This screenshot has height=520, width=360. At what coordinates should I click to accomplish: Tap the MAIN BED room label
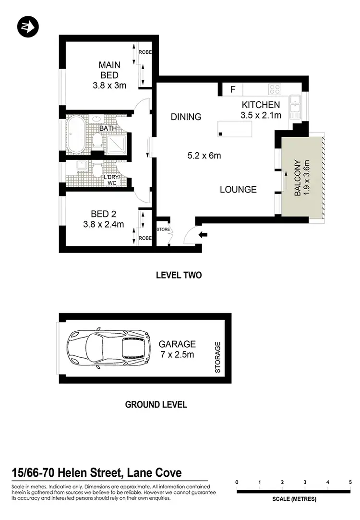tap(109, 70)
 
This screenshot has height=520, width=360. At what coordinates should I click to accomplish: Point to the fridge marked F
tap(233, 89)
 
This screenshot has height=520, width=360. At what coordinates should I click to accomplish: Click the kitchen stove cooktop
tap(275, 89)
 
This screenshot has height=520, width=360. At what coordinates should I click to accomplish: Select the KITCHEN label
tap(261, 105)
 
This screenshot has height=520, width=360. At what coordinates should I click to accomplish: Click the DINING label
tap(186, 117)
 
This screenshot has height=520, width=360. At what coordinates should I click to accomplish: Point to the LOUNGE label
tap(238, 190)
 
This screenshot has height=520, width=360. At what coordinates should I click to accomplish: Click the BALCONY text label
tap(297, 178)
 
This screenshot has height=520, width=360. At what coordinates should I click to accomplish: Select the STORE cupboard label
tap(163, 230)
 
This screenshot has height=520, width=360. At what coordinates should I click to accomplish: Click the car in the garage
tap(108, 349)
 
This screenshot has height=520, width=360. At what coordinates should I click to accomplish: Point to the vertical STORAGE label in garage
tap(217, 357)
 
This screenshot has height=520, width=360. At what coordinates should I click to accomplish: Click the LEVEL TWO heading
tap(179, 276)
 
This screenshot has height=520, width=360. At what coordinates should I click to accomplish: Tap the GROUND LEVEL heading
tap(156, 404)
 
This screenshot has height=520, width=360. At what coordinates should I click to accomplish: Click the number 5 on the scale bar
tap(350, 482)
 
